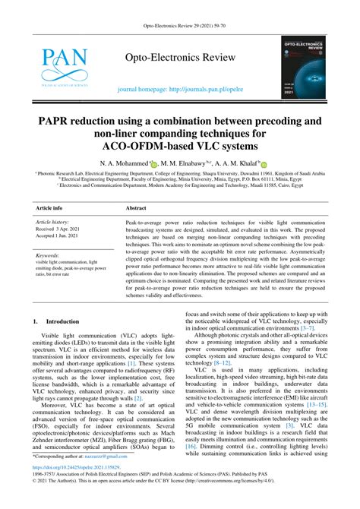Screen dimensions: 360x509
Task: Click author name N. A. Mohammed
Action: [x=122, y=164]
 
